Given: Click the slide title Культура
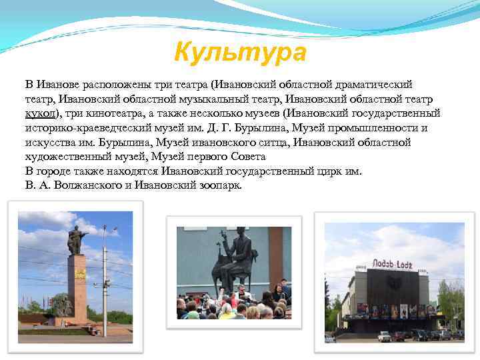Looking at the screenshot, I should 240,51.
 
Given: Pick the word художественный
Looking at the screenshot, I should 67,157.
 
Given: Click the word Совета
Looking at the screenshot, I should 247,157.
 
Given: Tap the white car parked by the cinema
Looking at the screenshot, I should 384,336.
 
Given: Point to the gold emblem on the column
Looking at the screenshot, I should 79,274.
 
